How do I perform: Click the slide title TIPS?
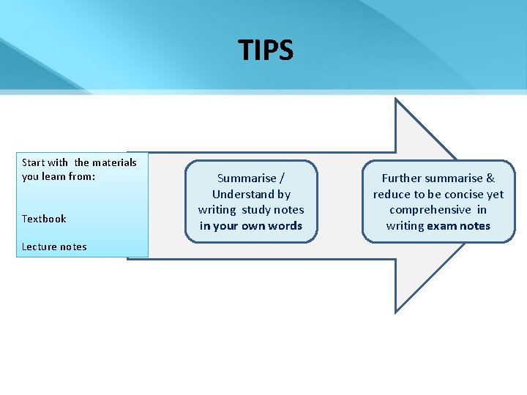[265, 50]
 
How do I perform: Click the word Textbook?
[44, 219]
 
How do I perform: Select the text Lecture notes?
[54, 247]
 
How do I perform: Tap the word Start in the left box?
[34, 162]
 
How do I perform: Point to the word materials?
[114, 162]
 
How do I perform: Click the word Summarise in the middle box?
[247, 178]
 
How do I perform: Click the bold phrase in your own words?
[251, 226]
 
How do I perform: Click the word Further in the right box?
[400, 178]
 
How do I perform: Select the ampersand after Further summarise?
[490, 178]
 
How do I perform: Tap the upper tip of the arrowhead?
[396, 99]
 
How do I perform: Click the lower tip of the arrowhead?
[396, 312]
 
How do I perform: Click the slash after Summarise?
[282, 178]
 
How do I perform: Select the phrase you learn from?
[59, 176]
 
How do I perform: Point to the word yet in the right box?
[496, 195]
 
